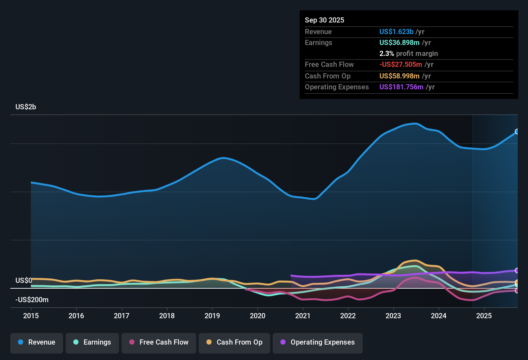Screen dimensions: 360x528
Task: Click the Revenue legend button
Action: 37,342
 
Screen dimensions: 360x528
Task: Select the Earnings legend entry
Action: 92,342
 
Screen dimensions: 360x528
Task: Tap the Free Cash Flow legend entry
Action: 159,342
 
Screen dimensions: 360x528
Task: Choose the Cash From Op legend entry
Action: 234,342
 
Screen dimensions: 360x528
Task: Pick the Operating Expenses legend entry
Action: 318,342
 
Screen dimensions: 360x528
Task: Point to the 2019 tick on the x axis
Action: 212,316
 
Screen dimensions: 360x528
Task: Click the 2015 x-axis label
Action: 31,316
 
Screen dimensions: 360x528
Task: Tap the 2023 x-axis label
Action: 393,316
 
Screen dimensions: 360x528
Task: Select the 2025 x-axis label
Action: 484,316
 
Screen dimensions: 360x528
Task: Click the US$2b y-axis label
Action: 26,107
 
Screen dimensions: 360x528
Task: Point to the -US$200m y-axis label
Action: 32,300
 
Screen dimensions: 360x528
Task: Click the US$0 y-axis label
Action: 24,280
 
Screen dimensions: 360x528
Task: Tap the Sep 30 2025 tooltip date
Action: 324,20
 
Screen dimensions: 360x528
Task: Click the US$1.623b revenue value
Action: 396,32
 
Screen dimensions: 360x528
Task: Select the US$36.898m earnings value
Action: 399,42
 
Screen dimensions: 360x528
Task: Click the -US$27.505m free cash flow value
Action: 401,64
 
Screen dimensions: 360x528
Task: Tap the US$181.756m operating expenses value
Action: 401,87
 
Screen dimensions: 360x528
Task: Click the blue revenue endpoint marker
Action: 517,131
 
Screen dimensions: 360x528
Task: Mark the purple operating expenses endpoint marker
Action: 517,271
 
